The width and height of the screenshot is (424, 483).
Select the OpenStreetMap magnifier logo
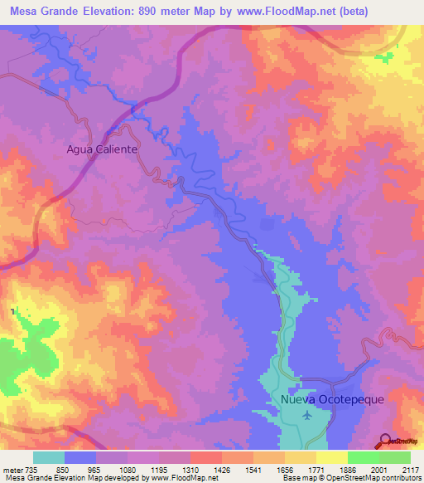coord(384,442)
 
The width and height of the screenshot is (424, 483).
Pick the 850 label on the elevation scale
coord(61,470)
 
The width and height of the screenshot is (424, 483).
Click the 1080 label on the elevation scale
coord(125,470)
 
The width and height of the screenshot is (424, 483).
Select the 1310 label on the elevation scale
coord(189,470)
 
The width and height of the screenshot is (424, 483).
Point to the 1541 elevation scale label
coord(253,470)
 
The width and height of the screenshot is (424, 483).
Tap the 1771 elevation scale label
coord(316,470)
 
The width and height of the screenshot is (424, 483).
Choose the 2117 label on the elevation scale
coord(411,470)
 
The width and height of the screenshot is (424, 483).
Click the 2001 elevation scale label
coord(379,470)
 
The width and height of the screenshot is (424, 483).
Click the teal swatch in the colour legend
coord(49,457)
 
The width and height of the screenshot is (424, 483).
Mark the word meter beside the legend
coord(15,470)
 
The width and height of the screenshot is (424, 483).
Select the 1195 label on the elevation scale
coord(157,470)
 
